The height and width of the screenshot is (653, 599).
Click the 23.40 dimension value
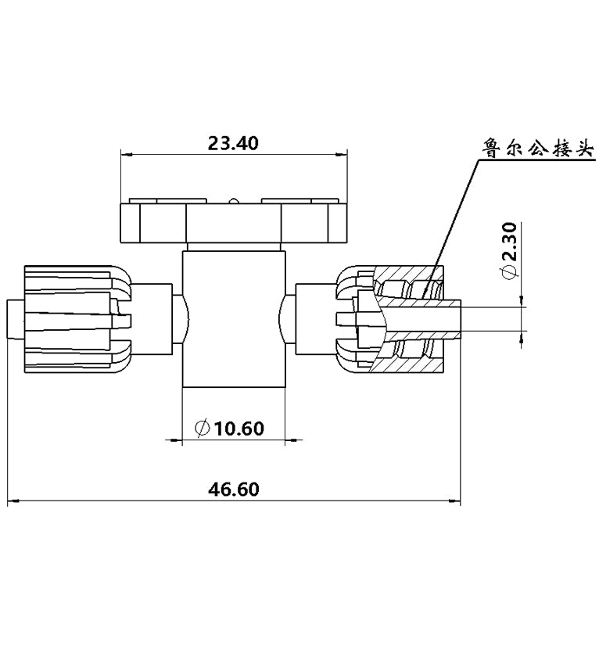click(233, 143)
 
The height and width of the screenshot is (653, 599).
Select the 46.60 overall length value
click(234, 490)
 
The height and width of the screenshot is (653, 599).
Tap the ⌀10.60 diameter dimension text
click(230, 428)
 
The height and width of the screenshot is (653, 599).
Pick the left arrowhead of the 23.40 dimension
click(126, 155)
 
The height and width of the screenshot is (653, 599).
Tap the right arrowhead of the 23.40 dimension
click(342, 155)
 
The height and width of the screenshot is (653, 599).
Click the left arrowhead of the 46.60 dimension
click(14, 501)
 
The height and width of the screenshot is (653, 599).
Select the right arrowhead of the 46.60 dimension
click(454, 501)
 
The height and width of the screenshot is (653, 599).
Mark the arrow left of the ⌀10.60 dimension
click(174, 439)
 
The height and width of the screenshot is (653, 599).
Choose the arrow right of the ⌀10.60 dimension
click(294, 439)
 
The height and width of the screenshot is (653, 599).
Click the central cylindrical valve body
click(234, 318)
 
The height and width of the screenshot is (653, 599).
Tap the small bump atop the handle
click(234, 201)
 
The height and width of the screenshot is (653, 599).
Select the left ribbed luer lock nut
click(78, 319)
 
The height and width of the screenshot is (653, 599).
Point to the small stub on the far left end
click(16, 319)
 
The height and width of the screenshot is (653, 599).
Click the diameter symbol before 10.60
click(202, 429)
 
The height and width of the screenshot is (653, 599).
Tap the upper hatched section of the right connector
click(411, 283)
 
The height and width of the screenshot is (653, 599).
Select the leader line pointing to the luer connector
click(450, 228)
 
